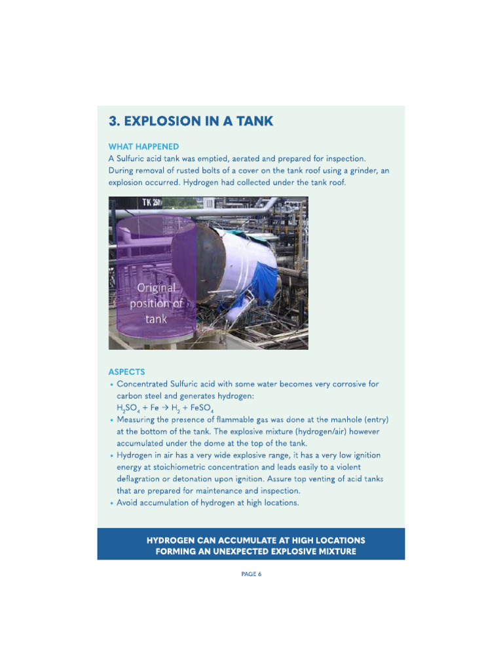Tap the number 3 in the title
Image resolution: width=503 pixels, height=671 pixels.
tap(113, 121)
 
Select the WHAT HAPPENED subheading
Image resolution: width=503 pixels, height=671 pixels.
tap(143, 147)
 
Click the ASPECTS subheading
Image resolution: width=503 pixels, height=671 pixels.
tap(127, 372)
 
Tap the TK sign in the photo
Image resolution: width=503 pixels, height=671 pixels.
tap(151, 202)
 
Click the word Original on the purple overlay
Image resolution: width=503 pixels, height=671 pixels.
tap(156, 288)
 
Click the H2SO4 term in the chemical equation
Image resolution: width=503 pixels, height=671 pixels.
tap(126, 408)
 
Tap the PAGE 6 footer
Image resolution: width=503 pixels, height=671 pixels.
tap(251, 574)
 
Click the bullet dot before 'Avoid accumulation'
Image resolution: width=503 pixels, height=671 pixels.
tap(112, 503)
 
